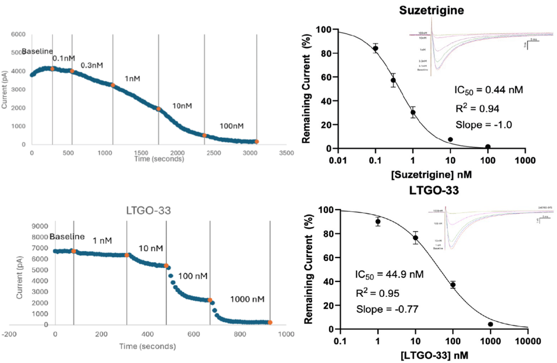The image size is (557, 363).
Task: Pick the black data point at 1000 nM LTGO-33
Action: click(x=490, y=324)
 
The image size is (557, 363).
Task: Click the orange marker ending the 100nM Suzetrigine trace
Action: click(x=256, y=141)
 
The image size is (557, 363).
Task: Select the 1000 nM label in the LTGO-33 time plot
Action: click(x=247, y=299)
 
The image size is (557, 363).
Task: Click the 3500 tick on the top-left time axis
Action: click(x=286, y=153)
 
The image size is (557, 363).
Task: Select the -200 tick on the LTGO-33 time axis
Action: click(x=9, y=334)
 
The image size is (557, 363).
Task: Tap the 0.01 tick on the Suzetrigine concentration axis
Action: click(x=338, y=160)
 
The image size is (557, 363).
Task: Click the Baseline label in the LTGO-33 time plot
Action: click(x=67, y=236)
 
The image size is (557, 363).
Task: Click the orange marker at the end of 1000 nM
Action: click(x=270, y=322)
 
